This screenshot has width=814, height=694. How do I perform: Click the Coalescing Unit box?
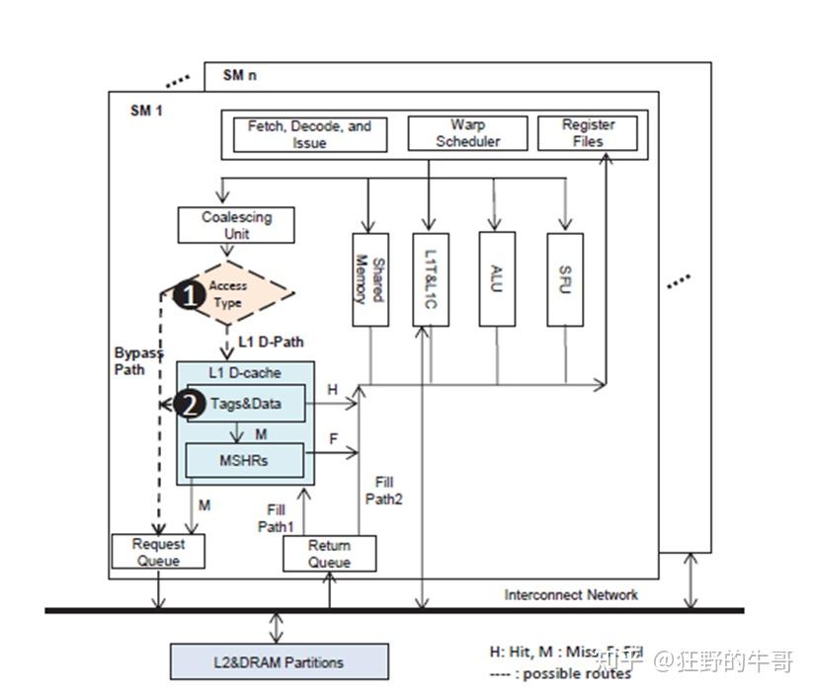coord(236,225)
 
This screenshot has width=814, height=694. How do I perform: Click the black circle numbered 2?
coord(189,403)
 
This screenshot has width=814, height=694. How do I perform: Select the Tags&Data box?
coord(246,404)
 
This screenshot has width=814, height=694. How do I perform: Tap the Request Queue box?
coord(158,552)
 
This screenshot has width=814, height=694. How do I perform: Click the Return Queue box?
coord(329,554)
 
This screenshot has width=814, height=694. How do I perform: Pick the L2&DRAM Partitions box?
coord(279,661)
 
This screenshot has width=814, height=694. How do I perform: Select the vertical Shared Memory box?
coord(368,279)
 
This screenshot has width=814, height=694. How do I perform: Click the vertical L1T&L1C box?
coord(430,279)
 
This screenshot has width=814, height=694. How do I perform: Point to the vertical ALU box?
coord(497,279)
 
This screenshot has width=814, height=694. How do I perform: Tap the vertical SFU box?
coord(564,279)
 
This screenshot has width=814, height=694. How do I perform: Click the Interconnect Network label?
coord(570,594)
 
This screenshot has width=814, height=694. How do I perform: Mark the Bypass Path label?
coord(137,361)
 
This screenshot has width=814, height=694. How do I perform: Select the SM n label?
coord(239,75)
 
